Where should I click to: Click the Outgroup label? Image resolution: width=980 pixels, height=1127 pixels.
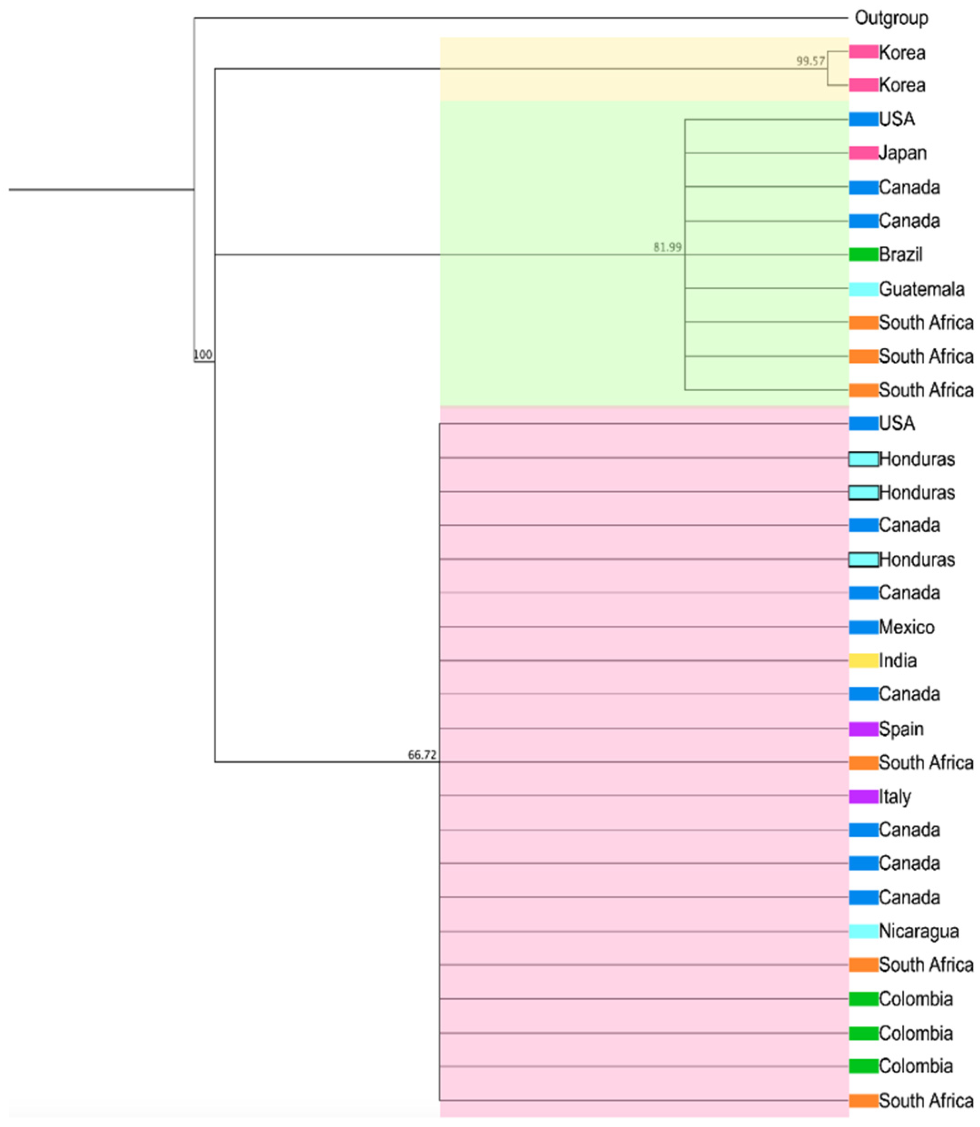coord(891,18)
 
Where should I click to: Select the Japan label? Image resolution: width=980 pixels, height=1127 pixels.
coord(902,153)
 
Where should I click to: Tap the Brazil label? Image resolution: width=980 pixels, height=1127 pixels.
coord(900,254)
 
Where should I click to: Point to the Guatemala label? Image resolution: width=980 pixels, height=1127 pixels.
coord(921,289)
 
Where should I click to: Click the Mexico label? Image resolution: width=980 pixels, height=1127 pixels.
coord(907,627)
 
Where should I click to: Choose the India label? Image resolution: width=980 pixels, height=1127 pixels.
coord(897,660)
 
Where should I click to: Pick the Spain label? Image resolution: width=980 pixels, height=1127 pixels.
coord(901,729)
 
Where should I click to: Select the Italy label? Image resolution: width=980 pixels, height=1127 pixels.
coord(895,797)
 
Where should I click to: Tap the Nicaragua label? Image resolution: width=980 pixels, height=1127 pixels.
coord(919,931)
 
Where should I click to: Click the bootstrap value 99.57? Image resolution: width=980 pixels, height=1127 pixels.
coord(810,61)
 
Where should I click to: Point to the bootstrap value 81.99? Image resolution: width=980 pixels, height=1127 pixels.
coord(667,247)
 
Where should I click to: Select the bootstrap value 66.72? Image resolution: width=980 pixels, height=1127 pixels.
coord(422,755)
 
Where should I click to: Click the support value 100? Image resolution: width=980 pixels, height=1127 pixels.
coord(203,355)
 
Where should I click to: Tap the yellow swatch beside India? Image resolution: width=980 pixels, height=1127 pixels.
coord(863,660)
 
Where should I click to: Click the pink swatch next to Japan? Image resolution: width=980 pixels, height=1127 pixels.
coord(863,153)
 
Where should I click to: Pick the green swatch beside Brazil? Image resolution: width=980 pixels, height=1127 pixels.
coord(863,254)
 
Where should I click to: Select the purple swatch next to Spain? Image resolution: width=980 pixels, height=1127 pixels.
coord(863,729)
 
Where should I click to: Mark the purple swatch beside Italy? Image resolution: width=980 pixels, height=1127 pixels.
coord(863,797)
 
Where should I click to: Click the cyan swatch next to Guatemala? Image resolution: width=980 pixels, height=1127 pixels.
coord(863,289)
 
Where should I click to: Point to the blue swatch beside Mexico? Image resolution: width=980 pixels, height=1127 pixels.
coord(863,627)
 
